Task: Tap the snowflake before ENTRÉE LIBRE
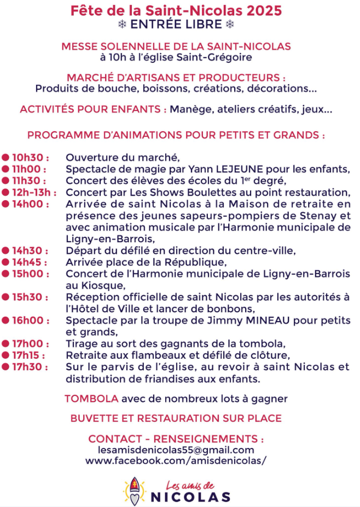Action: point(122,24)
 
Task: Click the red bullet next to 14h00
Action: point(5,204)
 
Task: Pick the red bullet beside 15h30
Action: point(5,297)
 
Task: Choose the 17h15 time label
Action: point(30,355)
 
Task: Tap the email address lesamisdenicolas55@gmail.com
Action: point(176,450)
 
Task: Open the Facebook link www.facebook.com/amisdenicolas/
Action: point(176,461)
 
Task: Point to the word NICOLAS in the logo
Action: point(190,497)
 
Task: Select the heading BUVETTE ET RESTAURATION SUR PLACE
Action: point(176,418)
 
